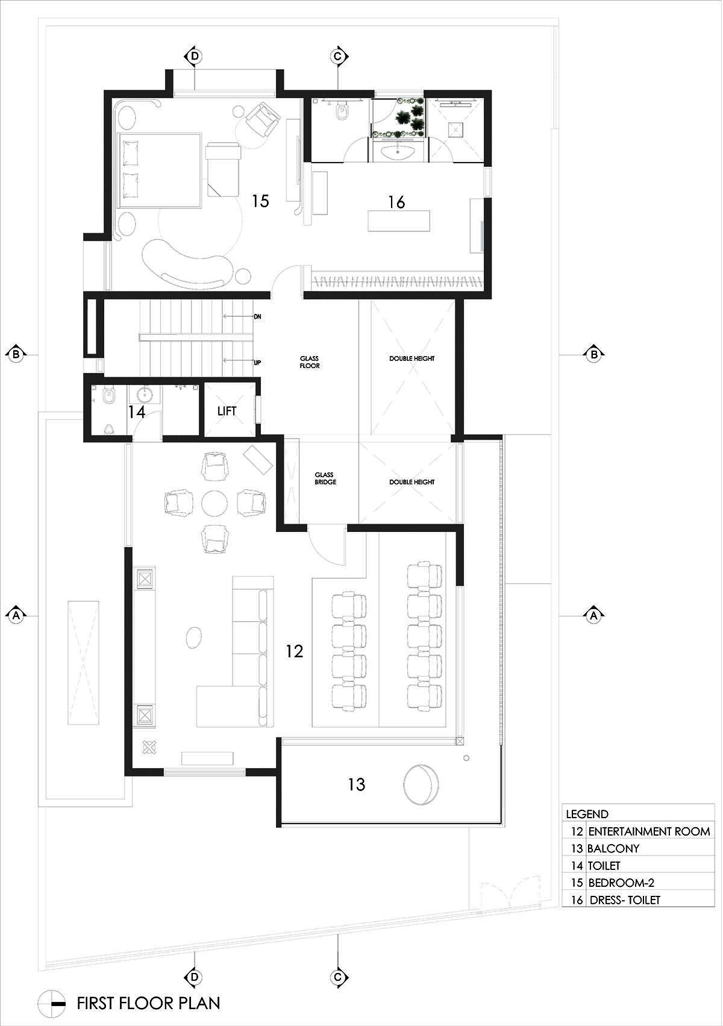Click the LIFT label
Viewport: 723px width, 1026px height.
coord(227,411)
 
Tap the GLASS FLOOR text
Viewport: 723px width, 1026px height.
coord(310,362)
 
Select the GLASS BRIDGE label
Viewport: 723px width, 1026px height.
coord(325,478)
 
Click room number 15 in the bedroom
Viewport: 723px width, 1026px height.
coord(261,201)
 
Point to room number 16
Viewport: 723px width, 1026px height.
coord(396,202)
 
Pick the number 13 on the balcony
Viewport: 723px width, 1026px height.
coord(356,784)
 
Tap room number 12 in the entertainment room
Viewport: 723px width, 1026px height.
coord(294,651)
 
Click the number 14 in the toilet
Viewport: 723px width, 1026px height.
coord(137,412)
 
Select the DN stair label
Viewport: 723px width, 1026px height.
coord(257,316)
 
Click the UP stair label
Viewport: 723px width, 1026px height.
coord(257,363)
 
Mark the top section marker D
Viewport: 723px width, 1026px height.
coord(194,57)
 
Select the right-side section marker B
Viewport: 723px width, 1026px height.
coord(594,354)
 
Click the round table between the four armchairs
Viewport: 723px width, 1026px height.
coord(214,503)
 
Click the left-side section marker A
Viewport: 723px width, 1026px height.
coord(16,615)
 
